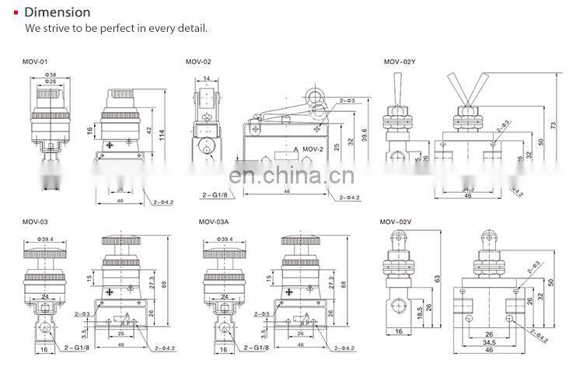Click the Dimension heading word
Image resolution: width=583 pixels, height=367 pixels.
click(x=58, y=12)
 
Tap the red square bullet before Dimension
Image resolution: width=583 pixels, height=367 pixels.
click(x=16, y=12)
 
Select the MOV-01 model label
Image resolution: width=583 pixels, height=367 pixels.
click(x=35, y=61)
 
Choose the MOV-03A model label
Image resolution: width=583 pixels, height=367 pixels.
click(x=215, y=222)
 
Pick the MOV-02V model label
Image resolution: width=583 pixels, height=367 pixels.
click(x=396, y=222)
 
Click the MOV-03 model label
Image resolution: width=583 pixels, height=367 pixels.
click(x=35, y=222)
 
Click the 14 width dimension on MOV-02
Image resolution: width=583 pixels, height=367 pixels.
click(x=208, y=79)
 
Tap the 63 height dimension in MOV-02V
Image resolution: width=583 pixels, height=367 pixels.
click(x=438, y=278)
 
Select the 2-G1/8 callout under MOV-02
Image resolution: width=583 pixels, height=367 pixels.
click(x=215, y=196)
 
